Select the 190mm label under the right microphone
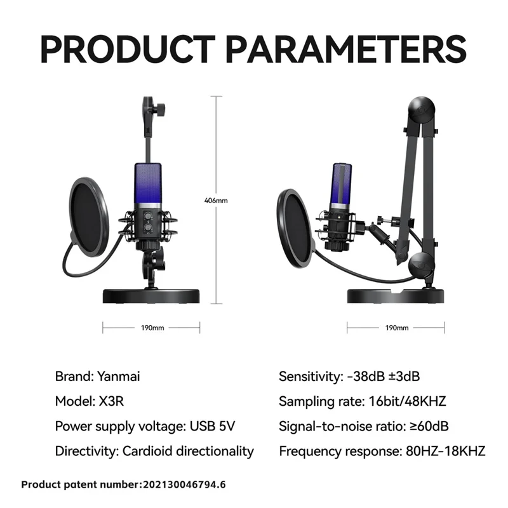[397, 328]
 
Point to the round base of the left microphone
[152, 295]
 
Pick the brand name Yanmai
[119, 376]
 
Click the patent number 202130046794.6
[184, 485]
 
